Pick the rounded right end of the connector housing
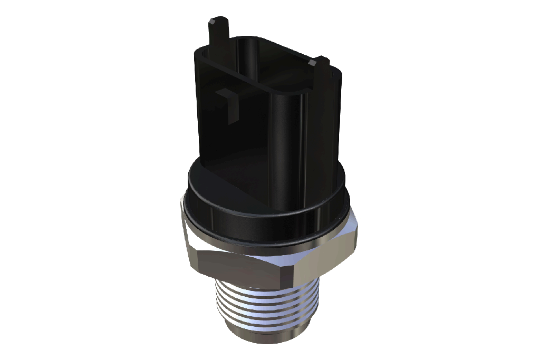pyautogui.click(x=327, y=121)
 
